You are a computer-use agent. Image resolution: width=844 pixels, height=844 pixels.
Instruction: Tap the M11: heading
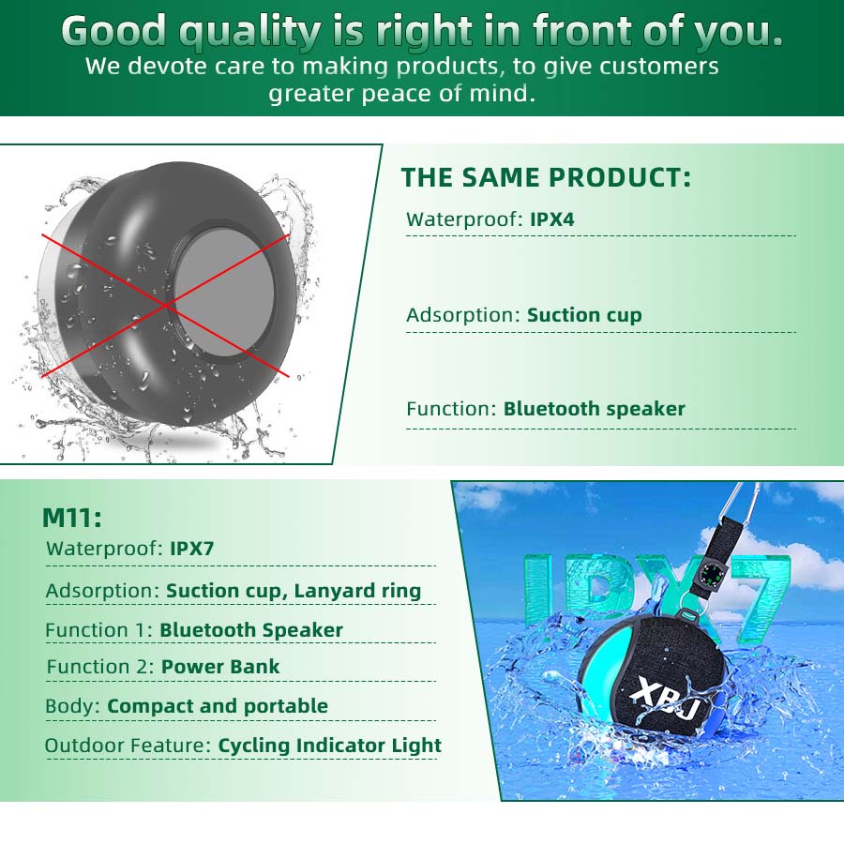point(72,518)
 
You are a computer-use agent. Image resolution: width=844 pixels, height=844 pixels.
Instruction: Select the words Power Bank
point(220,667)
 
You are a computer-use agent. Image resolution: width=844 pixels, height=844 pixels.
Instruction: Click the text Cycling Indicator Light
point(329,746)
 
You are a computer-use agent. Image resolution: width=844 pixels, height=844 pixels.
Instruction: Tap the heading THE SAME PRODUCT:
point(546,177)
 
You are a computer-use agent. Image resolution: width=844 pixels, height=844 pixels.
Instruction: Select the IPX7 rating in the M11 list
point(192,549)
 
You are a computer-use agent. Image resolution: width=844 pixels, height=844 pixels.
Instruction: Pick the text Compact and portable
point(218,706)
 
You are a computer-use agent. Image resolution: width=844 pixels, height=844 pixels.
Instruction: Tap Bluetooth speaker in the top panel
point(594,409)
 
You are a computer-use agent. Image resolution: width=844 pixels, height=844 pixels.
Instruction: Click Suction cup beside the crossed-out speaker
point(584,315)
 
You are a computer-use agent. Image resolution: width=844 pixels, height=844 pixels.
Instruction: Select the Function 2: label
point(99,667)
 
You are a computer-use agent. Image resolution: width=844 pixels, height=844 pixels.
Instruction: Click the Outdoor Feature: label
point(128,746)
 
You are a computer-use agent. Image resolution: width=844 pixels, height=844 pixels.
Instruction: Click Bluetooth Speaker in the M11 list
point(251,630)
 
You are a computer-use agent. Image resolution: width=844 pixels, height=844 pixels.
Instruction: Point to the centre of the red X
point(168,304)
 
